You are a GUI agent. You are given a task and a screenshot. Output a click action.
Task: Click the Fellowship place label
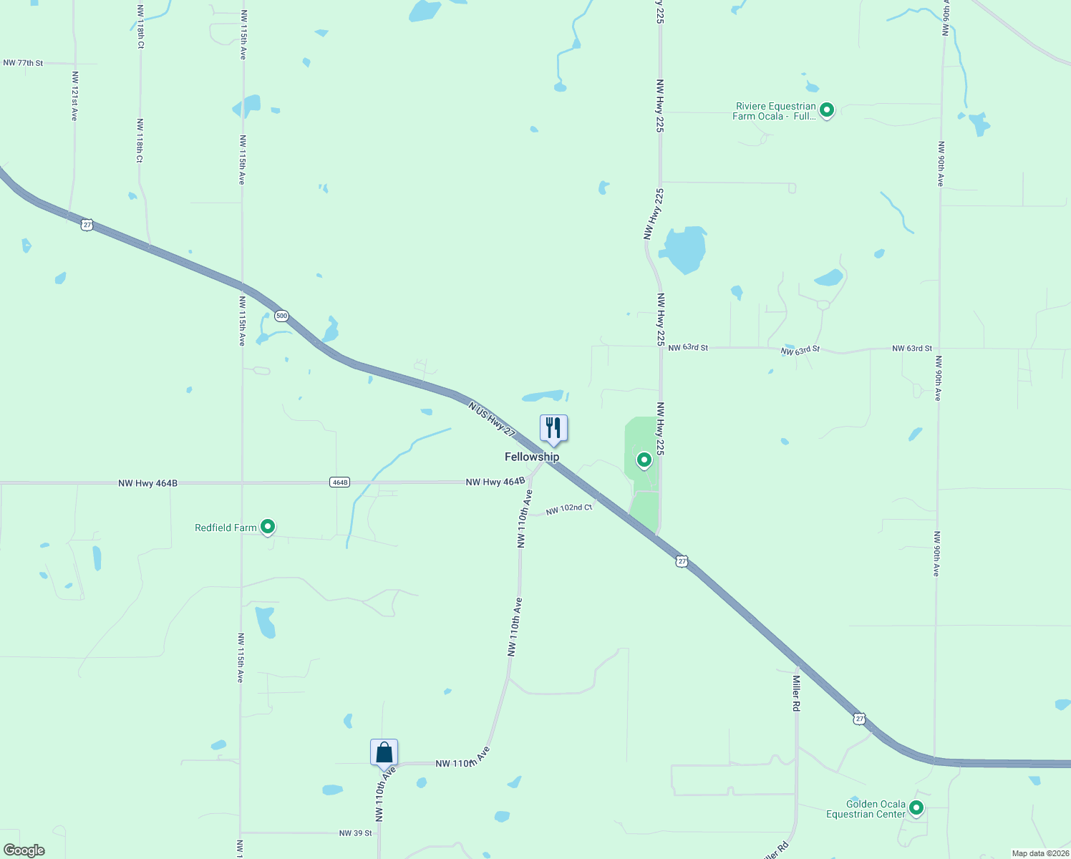[532, 457]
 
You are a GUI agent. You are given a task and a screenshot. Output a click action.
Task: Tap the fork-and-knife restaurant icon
[553, 428]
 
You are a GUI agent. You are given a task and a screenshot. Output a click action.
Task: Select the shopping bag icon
[384, 752]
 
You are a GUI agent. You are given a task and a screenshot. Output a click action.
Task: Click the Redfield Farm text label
[226, 528]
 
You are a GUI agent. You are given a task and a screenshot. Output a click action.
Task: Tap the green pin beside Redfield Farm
[268, 526]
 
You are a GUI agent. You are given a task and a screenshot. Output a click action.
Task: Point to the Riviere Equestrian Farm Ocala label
[775, 111]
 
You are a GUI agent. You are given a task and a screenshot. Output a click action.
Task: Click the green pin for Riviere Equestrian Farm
[827, 110]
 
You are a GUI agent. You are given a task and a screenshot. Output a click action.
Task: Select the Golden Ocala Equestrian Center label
[866, 809]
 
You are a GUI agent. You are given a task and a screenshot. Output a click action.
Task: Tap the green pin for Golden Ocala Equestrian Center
[916, 807]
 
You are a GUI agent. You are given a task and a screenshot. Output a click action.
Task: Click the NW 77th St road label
[23, 63]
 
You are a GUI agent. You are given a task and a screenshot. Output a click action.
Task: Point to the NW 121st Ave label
[74, 95]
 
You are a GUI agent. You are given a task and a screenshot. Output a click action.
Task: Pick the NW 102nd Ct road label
[569, 509]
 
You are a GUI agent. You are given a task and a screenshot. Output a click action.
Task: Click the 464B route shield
[340, 482]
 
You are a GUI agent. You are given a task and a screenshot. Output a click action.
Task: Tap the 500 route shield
[281, 316]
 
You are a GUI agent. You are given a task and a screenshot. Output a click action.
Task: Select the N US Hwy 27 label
[492, 419]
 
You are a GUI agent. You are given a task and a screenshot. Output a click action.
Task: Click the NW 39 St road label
[356, 833]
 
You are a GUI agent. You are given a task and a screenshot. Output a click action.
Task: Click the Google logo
[24, 850]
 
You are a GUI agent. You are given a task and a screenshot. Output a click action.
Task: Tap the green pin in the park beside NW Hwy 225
[644, 460]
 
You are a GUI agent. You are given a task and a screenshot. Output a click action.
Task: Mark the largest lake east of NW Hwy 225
[684, 249]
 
